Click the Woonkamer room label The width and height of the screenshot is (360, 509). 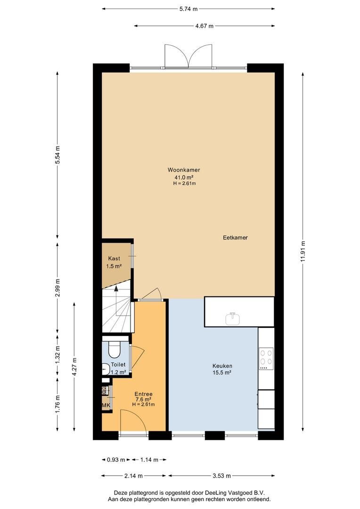pos(184,170)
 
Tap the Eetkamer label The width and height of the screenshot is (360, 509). pos(235,238)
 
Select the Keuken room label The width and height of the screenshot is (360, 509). pos(222,366)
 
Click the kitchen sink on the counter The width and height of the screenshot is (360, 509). pos(233,319)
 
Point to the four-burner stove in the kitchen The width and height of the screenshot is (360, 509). pos(266,359)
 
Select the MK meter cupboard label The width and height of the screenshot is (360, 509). pos(106,405)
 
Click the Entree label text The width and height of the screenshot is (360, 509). pos(143,394)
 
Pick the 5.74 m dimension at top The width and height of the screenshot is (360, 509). pos(188,9)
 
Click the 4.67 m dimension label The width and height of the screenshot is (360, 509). pos(205,26)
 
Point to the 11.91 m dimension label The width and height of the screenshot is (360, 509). pos(303,252)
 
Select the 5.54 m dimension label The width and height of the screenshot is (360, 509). pos(58,155)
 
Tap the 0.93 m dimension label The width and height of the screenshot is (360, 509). pos(116,460)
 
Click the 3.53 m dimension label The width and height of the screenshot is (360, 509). pos(222,476)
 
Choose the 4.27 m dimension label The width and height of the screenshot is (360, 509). pos(74,367)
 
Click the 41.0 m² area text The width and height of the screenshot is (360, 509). pos(184,177)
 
